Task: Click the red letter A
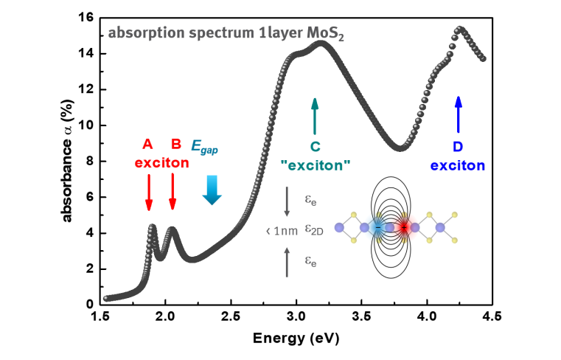pyautogui.click(x=147, y=144)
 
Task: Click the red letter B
pyautogui.click(x=176, y=144)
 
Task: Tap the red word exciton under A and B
pyautogui.click(x=161, y=163)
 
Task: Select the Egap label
pyautogui.click(x=204, y=146)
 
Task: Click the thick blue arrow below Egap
pyautogui.click(x=212, y=190)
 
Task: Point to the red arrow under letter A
pyautogui.click(x=149, y=193)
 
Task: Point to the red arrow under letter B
pyautogui.click(x=173, y=193)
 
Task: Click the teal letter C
pyautogui.click(x=316, y=146)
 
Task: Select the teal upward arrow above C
pyautogui.click(x=316, y=114)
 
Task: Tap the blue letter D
pyautogui.click(x=457, y=146)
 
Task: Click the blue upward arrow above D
pyautogui.click(x=458, y=114)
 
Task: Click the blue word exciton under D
pyautogui.click(x=458, y=165)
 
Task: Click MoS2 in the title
pyautogui.click(x=326, y=34)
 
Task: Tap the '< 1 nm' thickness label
pyautogui.click(x=282, y=231)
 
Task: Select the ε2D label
pyautogui.click(x=313, y=230)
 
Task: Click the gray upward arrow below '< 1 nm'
pyautogui.click(x=287, y=262)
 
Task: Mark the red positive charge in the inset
pyautogui.click(x=404, y=227)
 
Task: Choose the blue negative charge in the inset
pyautogui.click(x=377, y=227)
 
